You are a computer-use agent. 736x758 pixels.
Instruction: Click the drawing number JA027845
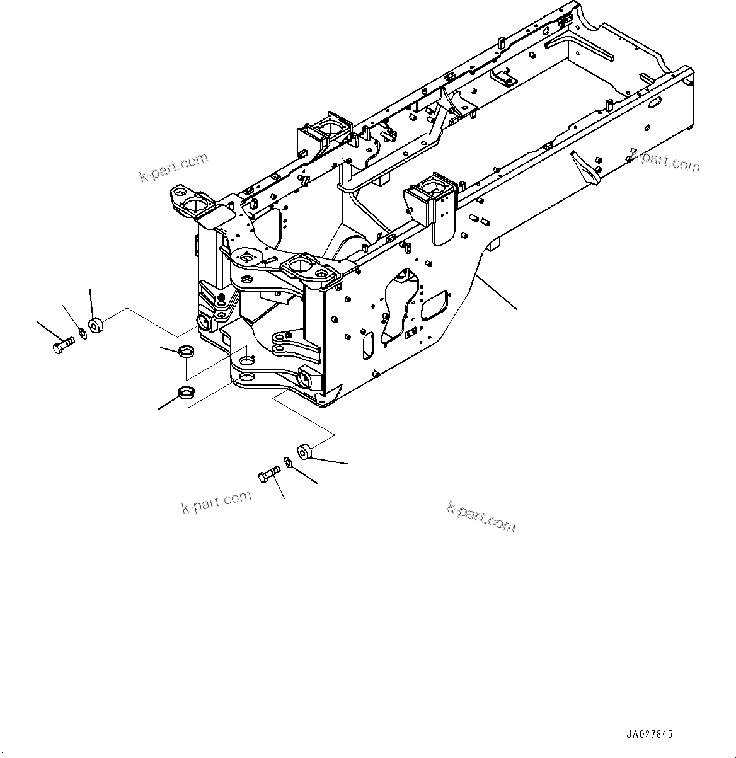[x=649, y=734]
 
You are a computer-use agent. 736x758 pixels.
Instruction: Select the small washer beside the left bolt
[x=82, y=334]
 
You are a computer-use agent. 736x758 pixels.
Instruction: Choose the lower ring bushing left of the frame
[x=187, y=392]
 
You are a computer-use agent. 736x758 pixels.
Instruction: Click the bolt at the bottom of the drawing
[x=270, y=473]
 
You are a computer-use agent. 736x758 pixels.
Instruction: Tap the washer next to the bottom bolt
[x=288, y=462]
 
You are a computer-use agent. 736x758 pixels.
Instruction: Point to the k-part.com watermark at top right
[x=665, y=161]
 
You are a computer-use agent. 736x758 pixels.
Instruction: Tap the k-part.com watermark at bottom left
[x=216, y=502]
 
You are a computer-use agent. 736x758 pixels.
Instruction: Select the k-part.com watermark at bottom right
[x=481, y=517]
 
